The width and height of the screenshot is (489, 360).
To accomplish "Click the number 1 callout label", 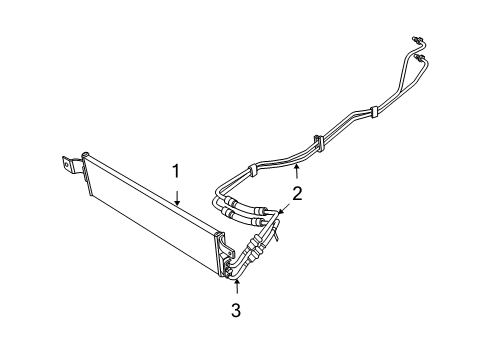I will click(176, 172).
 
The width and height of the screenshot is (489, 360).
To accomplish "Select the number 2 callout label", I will click(296, 193).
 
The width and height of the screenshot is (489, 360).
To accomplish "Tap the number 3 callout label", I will click(236, 311).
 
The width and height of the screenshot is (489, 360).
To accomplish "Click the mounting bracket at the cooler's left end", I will click(71, 164).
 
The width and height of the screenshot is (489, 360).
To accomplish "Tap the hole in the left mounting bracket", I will click(69, 161).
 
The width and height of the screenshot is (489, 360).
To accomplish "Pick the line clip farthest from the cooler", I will click(372, 110).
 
